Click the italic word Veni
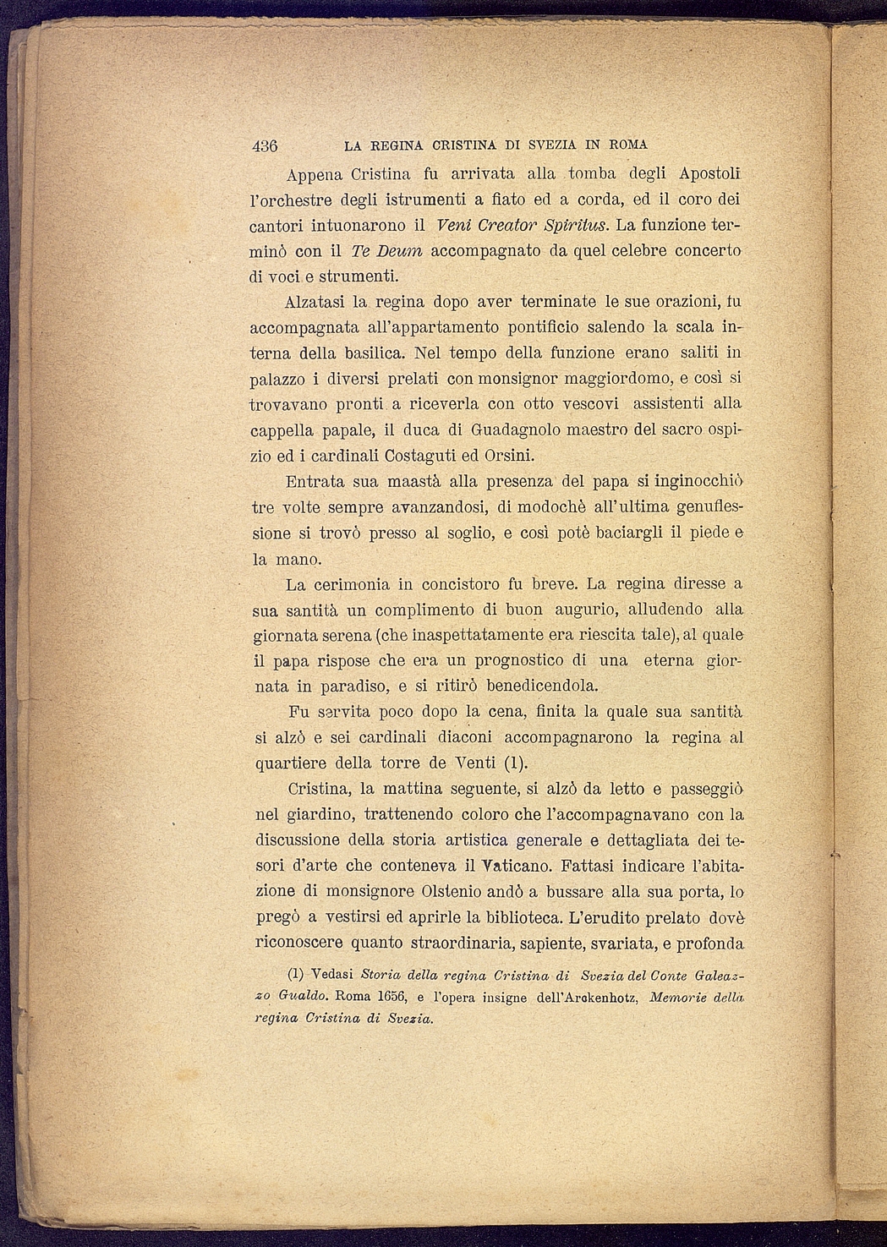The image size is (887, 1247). [x=455, y=226]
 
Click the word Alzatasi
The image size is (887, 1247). [x=314, y=302]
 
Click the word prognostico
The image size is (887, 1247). [x=518, y=660]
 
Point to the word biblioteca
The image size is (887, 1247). [x=517, y=917]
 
